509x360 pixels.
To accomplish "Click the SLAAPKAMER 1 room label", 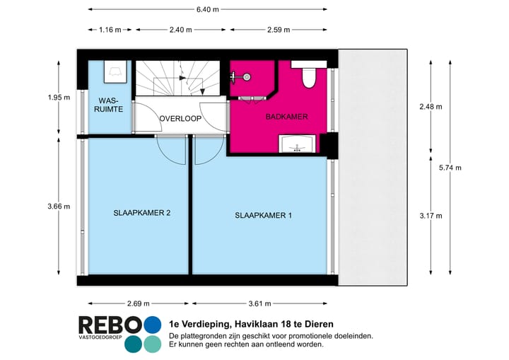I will pos(263,216).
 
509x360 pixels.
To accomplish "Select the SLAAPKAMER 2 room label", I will pos(141,212).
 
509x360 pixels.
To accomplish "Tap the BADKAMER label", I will pos(286,117).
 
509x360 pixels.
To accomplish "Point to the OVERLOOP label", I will pos(180,119).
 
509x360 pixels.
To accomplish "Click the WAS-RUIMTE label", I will pos(109,105).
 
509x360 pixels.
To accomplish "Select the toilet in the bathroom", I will pos(309,76).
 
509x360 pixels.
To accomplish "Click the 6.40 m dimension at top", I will pos(207,9).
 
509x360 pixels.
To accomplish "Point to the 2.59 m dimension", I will pos(281,30).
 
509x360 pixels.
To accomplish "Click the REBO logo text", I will pos(110,325).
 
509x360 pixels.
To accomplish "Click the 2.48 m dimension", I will pos(430,107).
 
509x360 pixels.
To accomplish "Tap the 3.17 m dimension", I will pos(430,216).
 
